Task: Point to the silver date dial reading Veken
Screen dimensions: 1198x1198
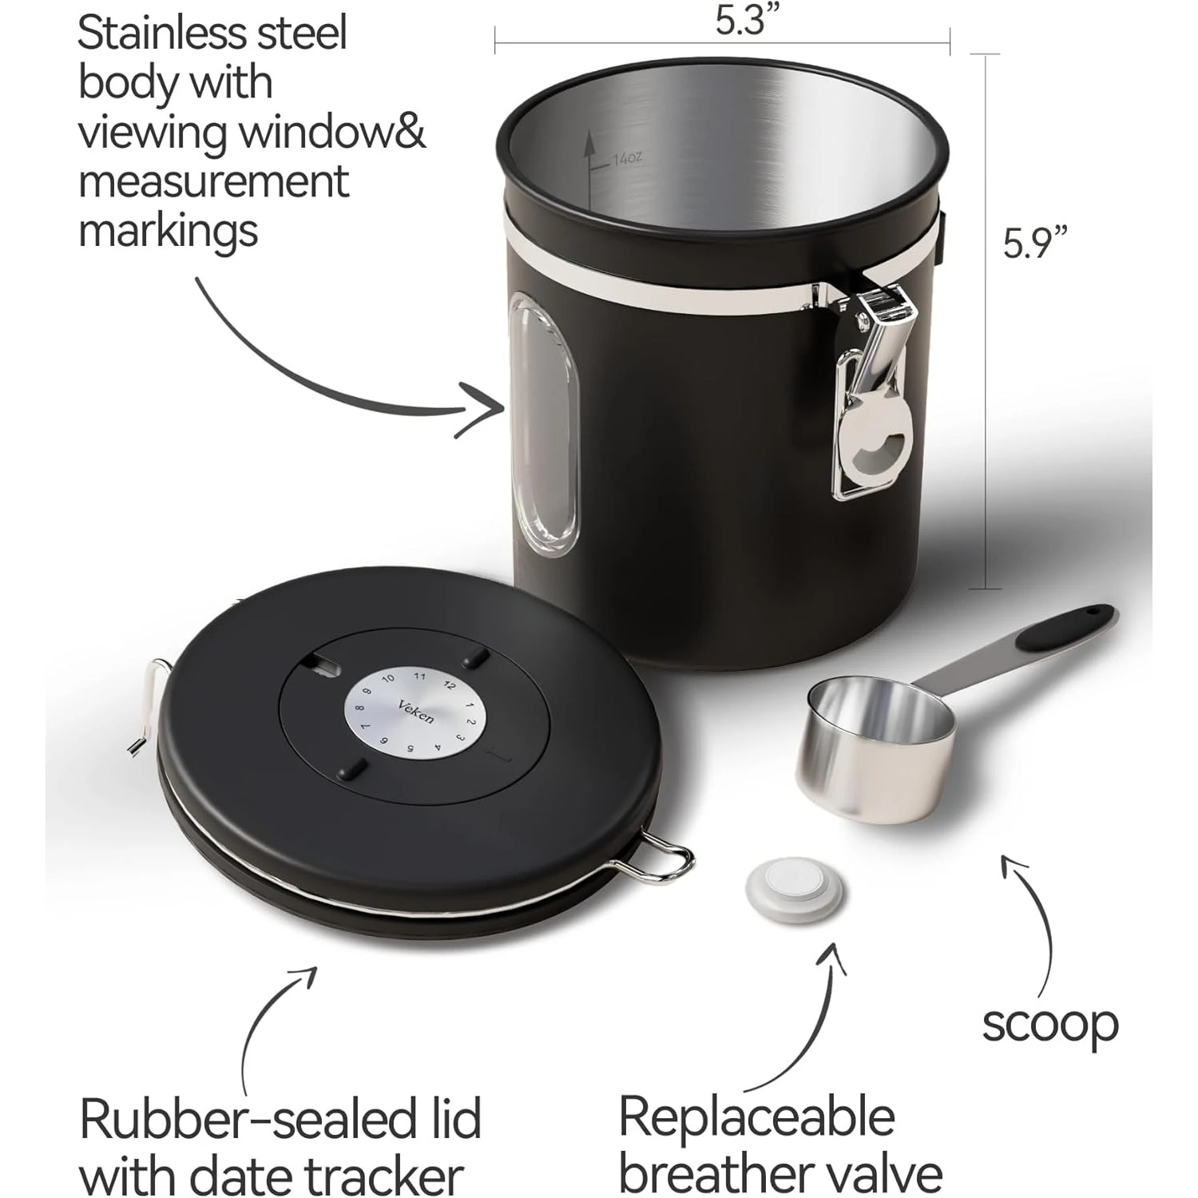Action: tap(415, 710)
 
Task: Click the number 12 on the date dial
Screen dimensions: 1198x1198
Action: tap(450, 684)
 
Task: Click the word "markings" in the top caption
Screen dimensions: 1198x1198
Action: tap(169, 232)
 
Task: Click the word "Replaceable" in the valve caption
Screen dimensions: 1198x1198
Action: tap(756, 1118)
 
